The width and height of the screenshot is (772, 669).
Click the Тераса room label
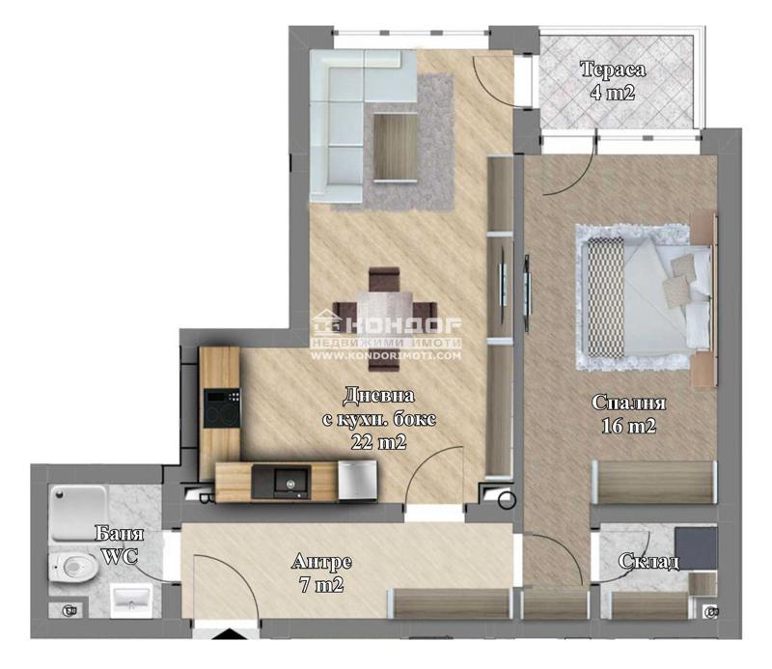613,69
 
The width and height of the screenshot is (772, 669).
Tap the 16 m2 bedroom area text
629,426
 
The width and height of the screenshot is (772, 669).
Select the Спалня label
629,403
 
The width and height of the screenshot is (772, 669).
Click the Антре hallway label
321,562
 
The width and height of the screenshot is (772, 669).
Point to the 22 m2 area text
378,442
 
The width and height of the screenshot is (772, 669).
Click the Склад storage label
648,561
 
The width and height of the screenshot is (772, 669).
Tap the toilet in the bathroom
73,567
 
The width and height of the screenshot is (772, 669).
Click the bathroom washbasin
131,600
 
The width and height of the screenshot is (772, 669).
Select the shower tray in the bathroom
77,514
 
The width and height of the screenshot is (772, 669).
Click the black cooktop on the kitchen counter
222,408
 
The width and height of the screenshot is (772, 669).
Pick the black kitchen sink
281,483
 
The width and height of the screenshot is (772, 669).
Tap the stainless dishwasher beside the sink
357,481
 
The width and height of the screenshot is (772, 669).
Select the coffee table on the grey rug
396,147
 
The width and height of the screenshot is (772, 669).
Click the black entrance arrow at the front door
227,634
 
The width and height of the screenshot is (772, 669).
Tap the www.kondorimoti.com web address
385,355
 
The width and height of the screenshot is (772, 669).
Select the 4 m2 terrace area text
613,92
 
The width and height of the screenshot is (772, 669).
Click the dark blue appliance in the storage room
696,547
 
